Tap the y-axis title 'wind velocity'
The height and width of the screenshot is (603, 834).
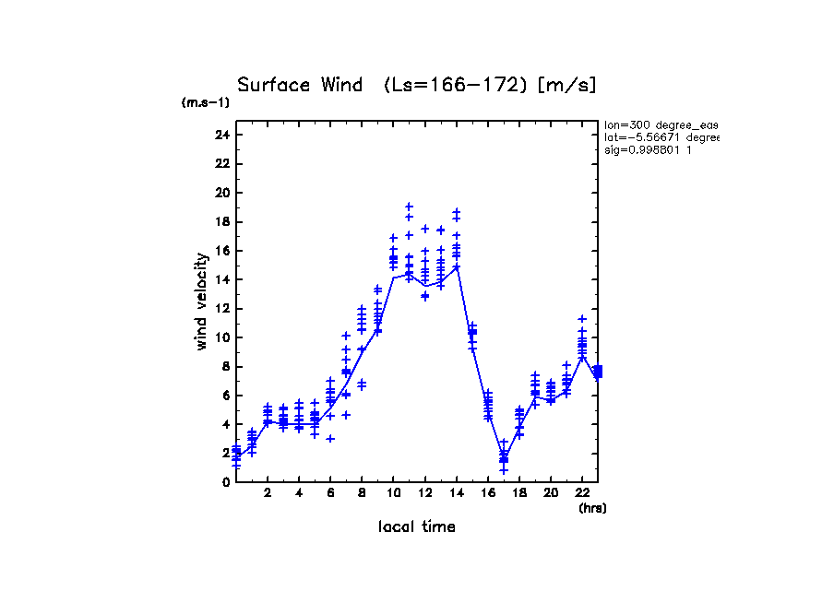(201, 304)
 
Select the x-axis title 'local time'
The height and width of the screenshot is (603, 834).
(416, 526)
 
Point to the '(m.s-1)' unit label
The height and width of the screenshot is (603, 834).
(206, 103)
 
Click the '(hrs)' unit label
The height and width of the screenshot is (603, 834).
(592, 508)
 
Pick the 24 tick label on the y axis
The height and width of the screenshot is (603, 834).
(221, 135)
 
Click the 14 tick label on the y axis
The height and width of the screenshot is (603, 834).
(221, 279)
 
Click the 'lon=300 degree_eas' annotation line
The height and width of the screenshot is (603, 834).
(661, 124)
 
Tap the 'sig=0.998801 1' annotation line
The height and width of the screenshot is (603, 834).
(649, 149)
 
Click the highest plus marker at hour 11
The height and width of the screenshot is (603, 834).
(409, 207)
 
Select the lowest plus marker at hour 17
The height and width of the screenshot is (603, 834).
(504, 470)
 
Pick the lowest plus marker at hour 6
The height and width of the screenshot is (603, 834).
(330, 438)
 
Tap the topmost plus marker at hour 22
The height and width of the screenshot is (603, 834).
(582, 319)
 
